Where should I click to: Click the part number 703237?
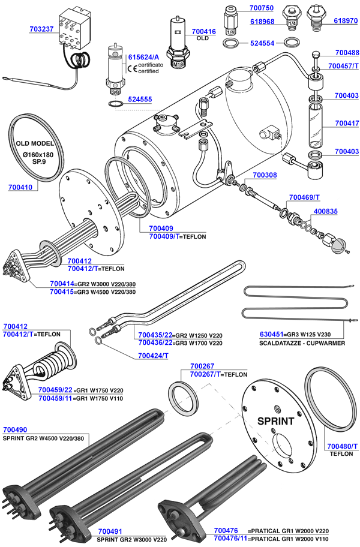pyautogui.click(x=41, y=28)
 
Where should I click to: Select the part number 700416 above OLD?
pyautogui.click(x=204, y=31)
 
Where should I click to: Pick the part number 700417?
pyautogui.click(x=347, y=123)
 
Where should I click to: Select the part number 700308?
pyautogui.click(x=265, y=175)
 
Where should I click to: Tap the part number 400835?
pyautogui.click(x=325, y=211)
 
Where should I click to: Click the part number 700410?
pyautogui.click(x=21, y=188)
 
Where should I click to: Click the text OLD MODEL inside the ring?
pyautogui.click(x=38, y=144)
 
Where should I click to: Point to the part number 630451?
pyautogui.click(x=272, y=335)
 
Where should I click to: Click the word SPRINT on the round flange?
pyautogui.click(x=275, y=420)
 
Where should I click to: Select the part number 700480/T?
pyautogui.click(x=342, y=446)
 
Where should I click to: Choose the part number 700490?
pyautogui.click(x=15, y=429)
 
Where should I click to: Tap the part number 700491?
pyautogui.click(x=110, y=531)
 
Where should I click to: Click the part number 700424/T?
pyautogui.click(x=153, y=356)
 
